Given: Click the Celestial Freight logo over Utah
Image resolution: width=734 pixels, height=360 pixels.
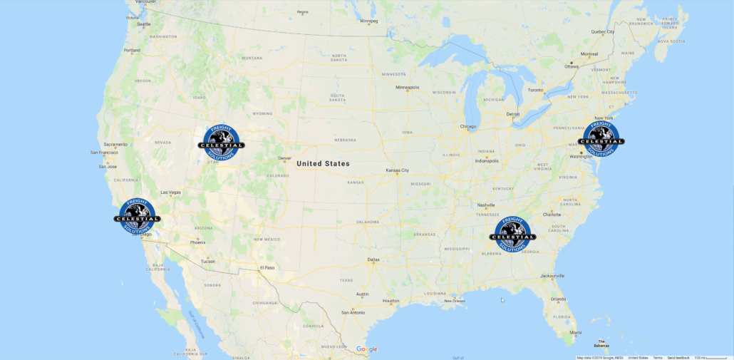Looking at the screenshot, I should click(221, 140).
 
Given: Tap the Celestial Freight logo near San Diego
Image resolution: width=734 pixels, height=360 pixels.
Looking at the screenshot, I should click(136, 216).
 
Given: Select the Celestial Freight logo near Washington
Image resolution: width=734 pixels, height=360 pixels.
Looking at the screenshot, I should click(601, 138).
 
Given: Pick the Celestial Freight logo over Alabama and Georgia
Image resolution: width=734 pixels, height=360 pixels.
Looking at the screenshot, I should click(512, 235).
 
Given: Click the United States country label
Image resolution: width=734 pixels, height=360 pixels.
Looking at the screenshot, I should click(323, 163).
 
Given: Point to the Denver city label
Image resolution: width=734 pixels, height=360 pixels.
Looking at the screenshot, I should click(285, 158).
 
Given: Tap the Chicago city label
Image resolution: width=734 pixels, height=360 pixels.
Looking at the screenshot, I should click(468, 127).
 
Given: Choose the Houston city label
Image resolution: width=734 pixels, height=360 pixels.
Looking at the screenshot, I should click(391, 300).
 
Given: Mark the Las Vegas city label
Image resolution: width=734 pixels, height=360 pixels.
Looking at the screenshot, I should click(171, 192).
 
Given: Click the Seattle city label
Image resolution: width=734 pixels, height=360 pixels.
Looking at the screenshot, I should click(144, 24).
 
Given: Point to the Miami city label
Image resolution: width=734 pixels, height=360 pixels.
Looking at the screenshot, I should click(575, 332).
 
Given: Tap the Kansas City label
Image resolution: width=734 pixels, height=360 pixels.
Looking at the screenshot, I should click(398, 170).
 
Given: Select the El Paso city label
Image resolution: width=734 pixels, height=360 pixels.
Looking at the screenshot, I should click(267, 267).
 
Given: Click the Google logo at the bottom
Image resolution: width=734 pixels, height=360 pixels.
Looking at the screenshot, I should click(367, 349).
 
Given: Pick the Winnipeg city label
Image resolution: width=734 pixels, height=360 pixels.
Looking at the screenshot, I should click(369, 21).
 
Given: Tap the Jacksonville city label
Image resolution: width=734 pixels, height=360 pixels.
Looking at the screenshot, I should click(552, 276).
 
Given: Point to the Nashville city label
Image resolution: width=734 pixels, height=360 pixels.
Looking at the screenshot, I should click(486, 205).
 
